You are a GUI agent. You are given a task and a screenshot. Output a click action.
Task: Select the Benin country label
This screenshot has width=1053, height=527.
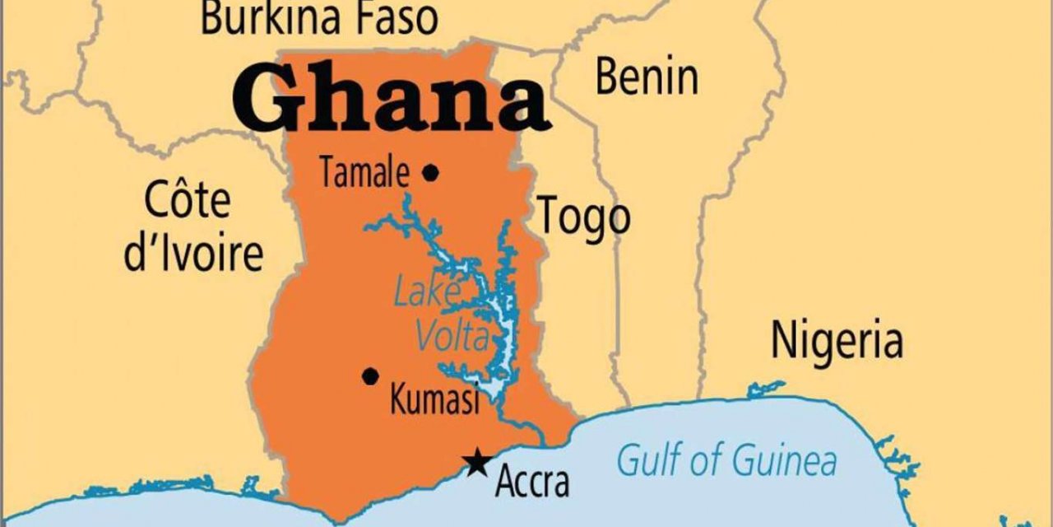click(647, 77)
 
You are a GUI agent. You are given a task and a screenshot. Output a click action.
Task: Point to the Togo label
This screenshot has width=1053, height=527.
click(584, 216)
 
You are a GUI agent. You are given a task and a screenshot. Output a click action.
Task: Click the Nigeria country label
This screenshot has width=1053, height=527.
click(837, 340)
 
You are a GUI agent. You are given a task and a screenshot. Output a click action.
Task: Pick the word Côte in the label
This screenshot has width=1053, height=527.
click(188, 200)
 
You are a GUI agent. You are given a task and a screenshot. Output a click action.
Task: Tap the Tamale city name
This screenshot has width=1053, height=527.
click(364, 174)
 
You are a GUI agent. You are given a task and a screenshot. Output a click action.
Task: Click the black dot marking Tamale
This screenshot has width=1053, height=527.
click(430, 173)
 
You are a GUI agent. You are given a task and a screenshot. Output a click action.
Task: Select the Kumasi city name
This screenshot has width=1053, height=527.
click(434, 401)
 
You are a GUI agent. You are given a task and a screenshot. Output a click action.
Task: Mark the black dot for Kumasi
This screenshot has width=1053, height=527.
click(371, 376)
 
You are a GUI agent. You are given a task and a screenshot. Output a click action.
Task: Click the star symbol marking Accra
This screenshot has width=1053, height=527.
click(475, 462)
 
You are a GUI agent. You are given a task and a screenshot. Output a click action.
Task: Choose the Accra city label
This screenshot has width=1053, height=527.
click(531, 481)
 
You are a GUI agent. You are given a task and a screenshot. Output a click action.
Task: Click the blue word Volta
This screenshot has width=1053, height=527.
click(451, 336)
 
